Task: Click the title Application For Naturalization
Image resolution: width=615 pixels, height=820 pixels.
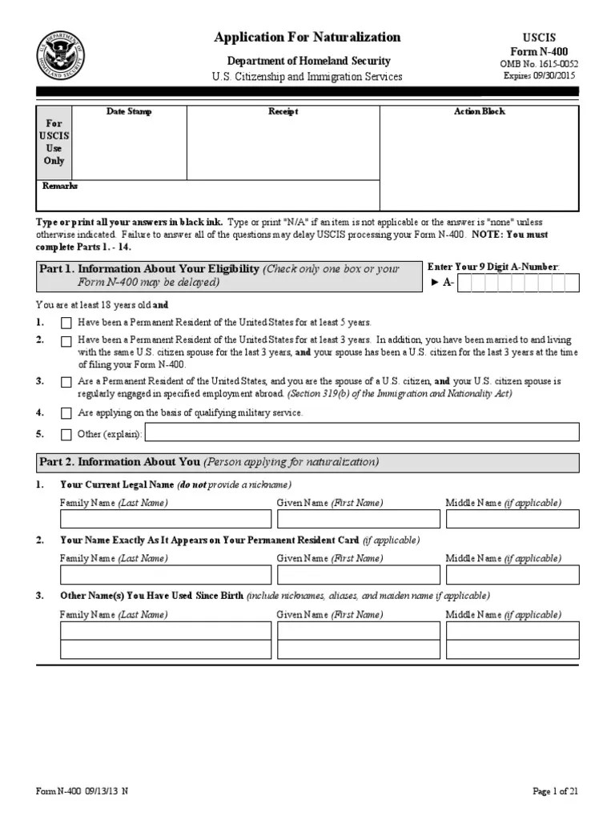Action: tap(307, 37)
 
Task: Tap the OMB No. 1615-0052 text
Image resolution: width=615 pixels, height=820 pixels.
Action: tap(539, 64)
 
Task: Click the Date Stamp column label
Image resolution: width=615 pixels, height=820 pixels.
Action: tap(129, 111)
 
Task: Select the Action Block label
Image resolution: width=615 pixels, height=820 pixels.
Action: tap(479, 111)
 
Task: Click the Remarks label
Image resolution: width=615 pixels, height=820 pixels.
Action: tap(60, 186)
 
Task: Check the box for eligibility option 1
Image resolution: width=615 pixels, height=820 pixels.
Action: tap(66, 323)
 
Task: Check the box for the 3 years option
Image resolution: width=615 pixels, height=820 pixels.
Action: tap(66, 341)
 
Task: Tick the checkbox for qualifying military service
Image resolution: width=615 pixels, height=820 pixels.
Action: tap(66, 413)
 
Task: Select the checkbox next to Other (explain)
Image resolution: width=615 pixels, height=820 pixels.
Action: tap(66, 434)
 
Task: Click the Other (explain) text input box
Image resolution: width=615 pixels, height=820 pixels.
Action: tap(361, 433)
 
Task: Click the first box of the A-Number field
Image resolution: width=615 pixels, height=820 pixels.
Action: tap(475, 283)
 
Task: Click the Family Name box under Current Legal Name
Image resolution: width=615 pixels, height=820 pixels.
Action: tap(165, 519)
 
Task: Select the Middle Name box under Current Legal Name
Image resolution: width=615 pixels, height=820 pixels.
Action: tap(512, 519)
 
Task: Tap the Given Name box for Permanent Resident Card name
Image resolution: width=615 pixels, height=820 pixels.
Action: tap(358, 575)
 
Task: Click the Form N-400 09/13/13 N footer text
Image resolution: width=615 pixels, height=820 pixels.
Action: tap(82, 791)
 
